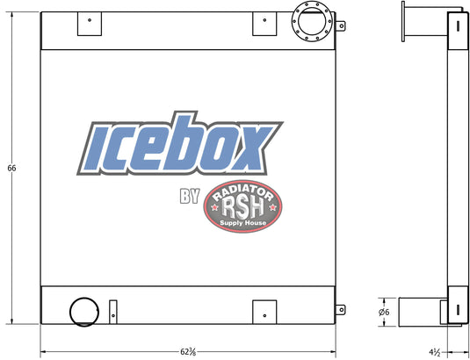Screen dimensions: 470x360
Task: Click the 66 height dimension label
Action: coord(11,168)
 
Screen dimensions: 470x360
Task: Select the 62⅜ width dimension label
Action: coord(188,351)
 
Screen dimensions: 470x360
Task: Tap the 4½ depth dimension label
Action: coord(434,351)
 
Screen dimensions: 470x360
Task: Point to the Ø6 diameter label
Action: coord(384,312)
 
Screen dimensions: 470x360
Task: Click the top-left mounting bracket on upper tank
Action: coord(90,24)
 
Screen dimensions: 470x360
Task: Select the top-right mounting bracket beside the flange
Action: coord(264,24)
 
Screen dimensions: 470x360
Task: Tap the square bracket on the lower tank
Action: coord(264,312)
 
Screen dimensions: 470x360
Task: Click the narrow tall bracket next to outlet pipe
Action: coord(113,312)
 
